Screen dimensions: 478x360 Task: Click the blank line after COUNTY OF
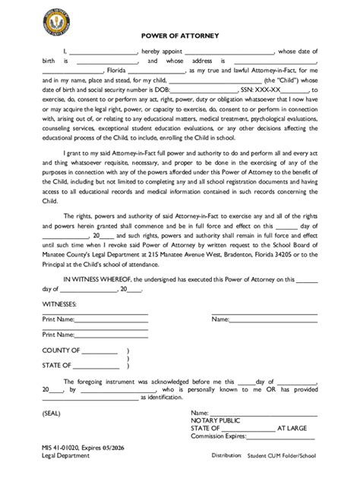(99, 351)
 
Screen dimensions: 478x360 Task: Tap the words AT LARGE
(297, 428)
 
